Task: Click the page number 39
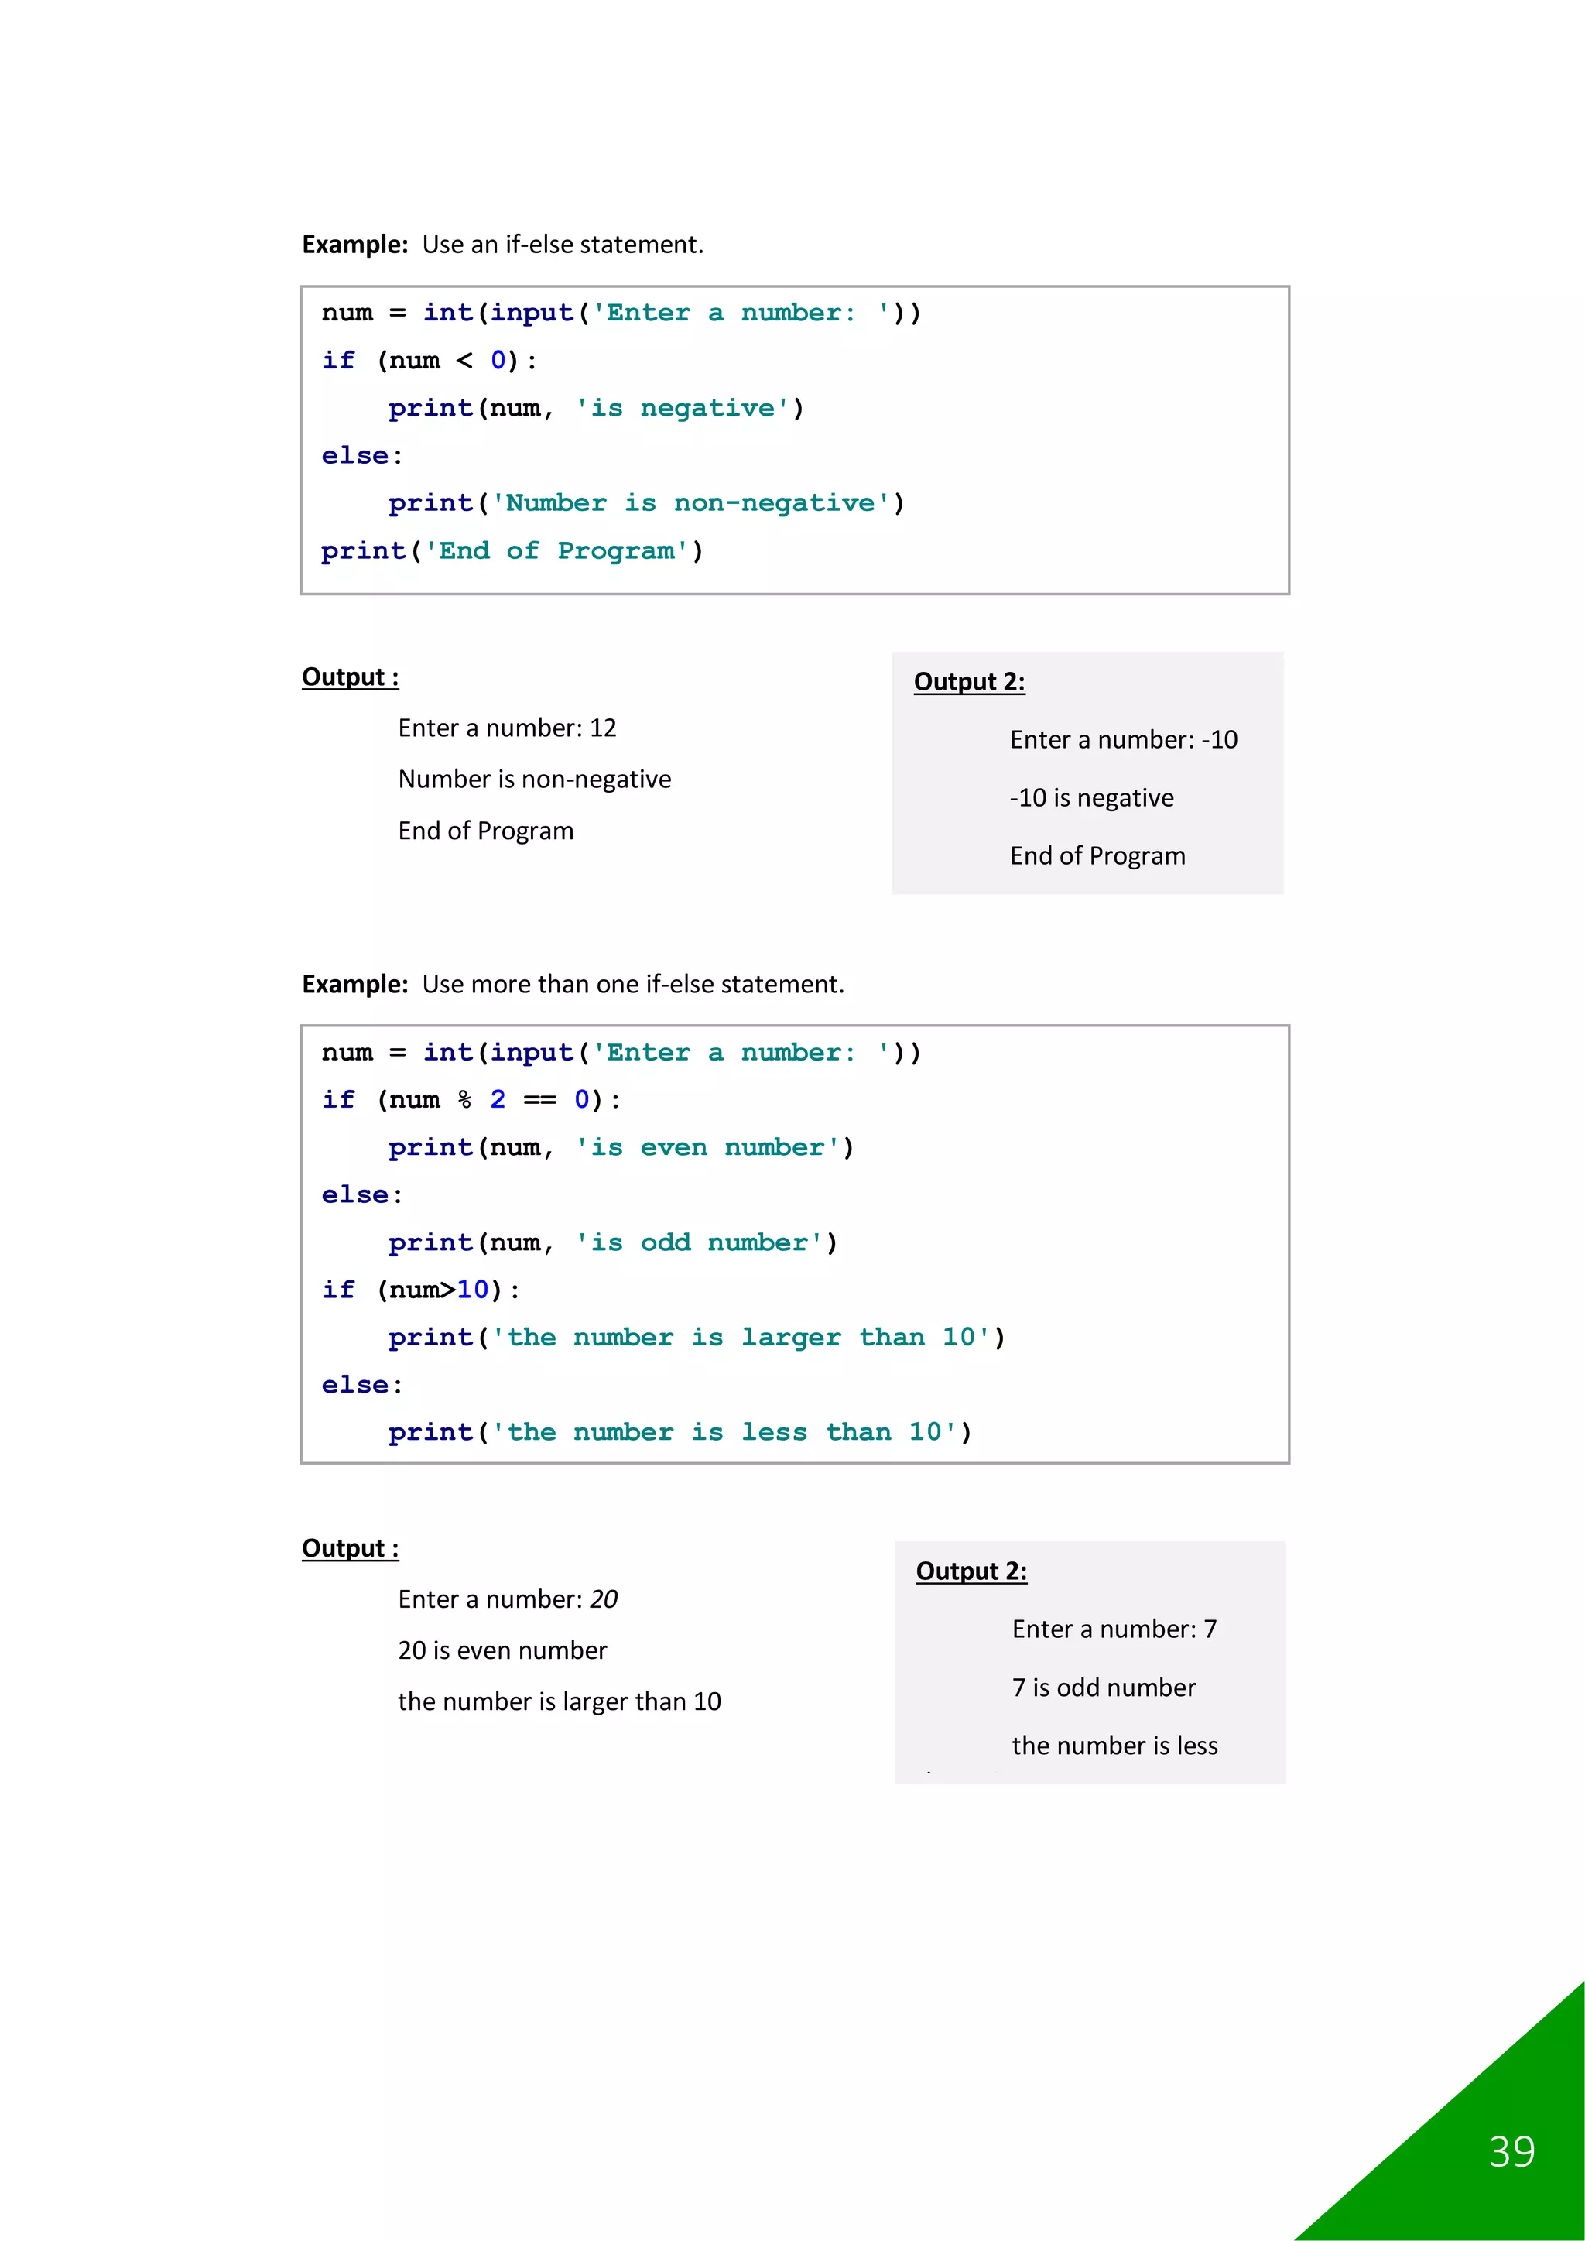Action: click(1511, 2152)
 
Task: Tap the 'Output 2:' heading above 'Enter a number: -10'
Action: click(969, 681)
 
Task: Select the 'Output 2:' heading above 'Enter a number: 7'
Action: click(971, 1571)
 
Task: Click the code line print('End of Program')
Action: click(512, 550)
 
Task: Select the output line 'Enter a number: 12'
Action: click(507, 728)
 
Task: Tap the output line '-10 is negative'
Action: click(1091, 797)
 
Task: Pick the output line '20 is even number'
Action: click(502, 1650)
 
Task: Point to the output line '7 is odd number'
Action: click(1103, 1688)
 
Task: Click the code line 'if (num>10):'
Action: click(421, 1290)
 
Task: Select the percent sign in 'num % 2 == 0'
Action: click(464, 1100)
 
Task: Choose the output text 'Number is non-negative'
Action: click(534, 779)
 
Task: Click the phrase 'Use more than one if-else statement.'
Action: click(632, 984)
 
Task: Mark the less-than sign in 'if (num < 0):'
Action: click(464, 362)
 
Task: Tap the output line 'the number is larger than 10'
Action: click(560, 1702)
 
